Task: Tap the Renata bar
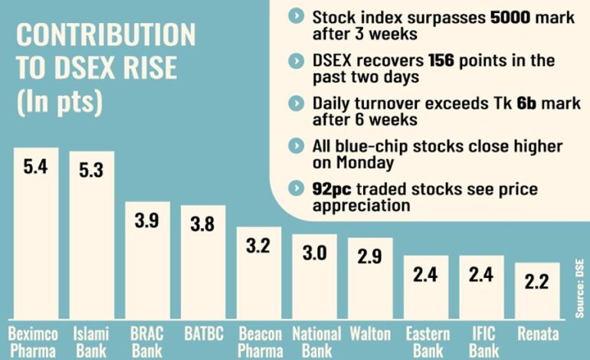pos(536,291)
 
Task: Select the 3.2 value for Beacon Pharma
pos(259,247)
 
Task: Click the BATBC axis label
pos(203,333)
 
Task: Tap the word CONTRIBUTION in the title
pos(106,37)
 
